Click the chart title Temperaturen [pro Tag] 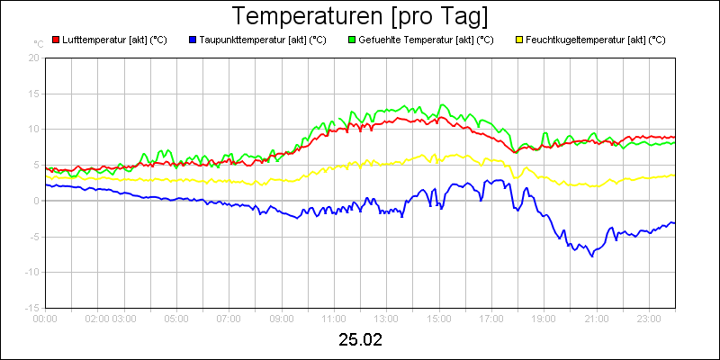pos(360,16)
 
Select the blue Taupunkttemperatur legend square pos(193,40)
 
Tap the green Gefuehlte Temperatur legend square pos(352,40)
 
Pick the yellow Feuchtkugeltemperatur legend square pos(518,40)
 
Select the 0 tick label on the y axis pos(37,201)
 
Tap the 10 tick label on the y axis pos(34,129)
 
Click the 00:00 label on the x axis pos(45,318)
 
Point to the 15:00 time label pos(439,318)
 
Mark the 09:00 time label pos(282,318)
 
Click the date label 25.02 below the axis pos(360,340)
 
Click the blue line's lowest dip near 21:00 pos(592,256)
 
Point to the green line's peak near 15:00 pos(442,105)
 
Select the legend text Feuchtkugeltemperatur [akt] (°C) pos(595,40)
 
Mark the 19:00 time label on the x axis pos(544,318)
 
